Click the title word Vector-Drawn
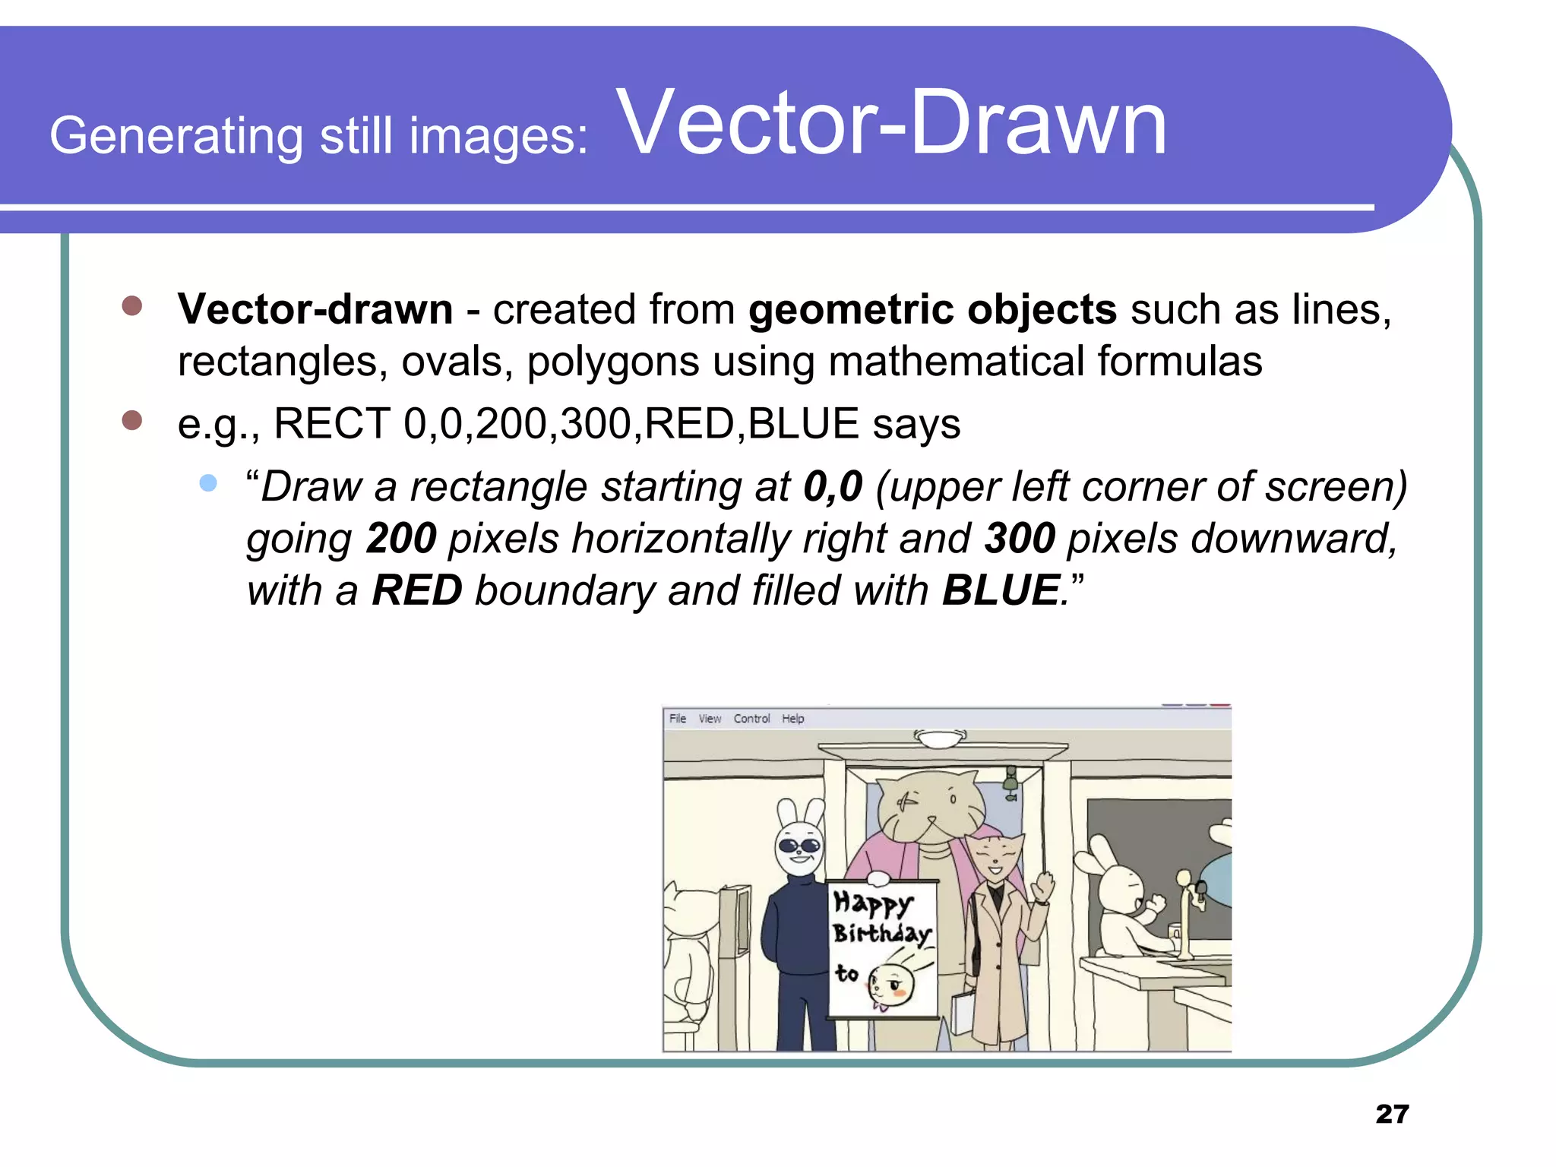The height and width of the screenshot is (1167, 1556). click(893, 123)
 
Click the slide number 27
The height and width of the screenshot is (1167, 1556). click(1392, 1114)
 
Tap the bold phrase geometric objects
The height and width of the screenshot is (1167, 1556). click(932, 309)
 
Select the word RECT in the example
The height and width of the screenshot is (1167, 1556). click(331, 423)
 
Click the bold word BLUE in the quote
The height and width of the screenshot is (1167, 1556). click(1001, 590)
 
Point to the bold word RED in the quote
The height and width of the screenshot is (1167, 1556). click(417, 590)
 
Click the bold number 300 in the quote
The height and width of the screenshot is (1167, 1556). click(1020, 538)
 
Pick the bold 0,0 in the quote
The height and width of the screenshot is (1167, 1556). click(833, 486)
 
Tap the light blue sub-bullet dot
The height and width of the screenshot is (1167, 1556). click(208, 483)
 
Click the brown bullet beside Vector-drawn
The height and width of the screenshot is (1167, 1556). click(132, 305)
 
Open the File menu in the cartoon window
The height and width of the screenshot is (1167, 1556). click(677, 719)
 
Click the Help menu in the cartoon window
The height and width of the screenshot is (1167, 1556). click(792, 719)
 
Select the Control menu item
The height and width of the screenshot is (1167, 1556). click(751, 719)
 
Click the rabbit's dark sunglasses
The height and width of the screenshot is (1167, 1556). click(800, 845)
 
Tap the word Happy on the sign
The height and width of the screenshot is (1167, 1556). click(872, 903)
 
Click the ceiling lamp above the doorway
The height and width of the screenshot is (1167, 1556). click(940, 738)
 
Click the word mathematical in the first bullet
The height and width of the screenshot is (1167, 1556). click(956, 361)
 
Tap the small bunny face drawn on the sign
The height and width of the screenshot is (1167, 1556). click(892, 985)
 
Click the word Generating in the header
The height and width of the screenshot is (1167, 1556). click(176, 136)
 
